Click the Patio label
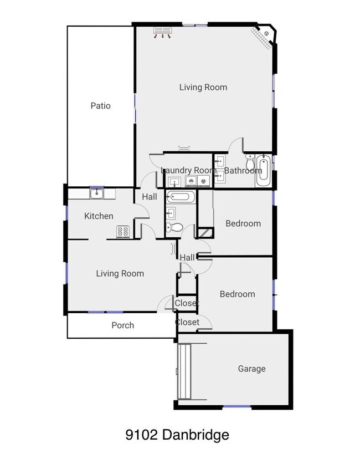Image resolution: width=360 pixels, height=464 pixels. tap(100, 105)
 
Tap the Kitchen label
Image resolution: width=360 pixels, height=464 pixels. tap(99, 216)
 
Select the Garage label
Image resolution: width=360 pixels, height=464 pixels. tap(251, 369)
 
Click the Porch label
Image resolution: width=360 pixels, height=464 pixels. tap(122, 325)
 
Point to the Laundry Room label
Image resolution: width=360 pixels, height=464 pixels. tap(188, 170)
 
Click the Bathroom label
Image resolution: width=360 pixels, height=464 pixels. tap(243, 170)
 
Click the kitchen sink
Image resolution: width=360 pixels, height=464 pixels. tap(97, 193)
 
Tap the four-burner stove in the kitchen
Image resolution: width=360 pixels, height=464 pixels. tap(122, 232)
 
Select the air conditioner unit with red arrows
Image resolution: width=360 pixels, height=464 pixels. tap(162, 32)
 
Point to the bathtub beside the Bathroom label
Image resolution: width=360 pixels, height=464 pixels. tap(263, 171)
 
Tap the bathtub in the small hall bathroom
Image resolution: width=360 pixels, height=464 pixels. tap(180, 196)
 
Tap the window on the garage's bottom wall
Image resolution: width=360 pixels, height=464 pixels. tap(236, 407)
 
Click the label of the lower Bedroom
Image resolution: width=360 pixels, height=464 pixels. tap(237, 294)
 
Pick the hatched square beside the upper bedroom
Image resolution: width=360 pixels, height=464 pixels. tap(205, 233)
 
